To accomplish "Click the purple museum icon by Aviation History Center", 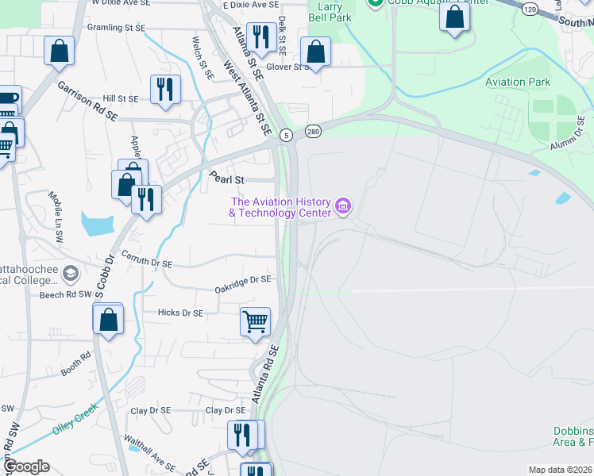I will pyautogui.click(x=344, y=207).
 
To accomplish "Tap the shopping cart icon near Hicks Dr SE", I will pyautogui.click(x=255, y=322).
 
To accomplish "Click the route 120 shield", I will pyautogui.click(x=529, y=7).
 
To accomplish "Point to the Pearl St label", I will pyautogui.click(x=225, y=179).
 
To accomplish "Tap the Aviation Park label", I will pyautogui.click(x=518, y=82).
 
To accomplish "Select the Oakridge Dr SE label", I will pyautogui.click(x=243, y=284).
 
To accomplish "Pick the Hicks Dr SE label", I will pyautogui.click(x=181, y=313).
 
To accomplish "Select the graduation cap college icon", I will pyautogui.click(x=70, y=273).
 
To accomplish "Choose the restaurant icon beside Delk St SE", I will pyautogui.click(x=260, y=36).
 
